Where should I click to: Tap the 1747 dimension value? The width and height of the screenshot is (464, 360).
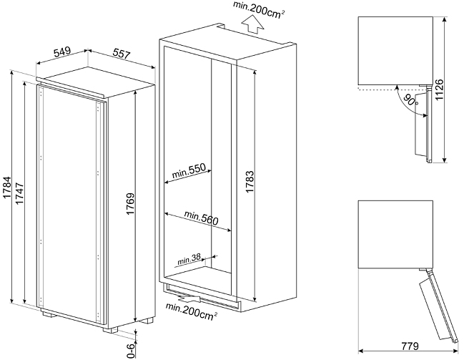[20, 194]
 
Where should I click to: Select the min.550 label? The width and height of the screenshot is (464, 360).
[189, 170]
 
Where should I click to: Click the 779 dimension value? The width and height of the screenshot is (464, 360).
[410, 346]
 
